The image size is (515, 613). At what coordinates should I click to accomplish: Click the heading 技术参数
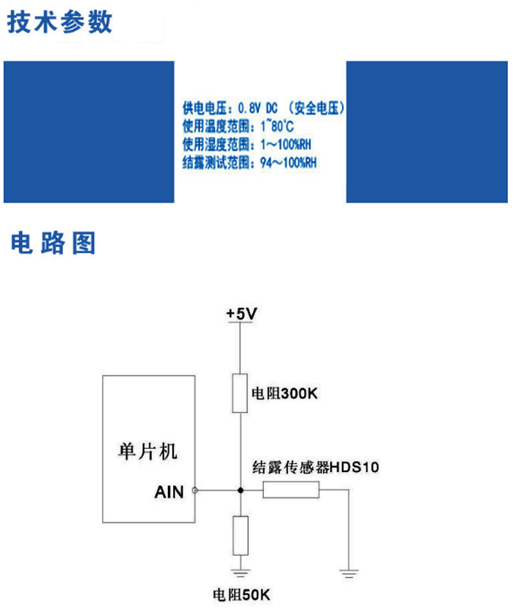click(x=60, y=22)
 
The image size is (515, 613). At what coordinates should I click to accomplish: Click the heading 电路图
click(x=53, y=243)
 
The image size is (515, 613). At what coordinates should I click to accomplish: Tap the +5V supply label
click(x=241, y=314)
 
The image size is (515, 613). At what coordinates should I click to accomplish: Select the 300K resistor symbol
click(x=240, y=392)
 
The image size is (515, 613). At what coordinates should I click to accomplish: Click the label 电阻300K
click(x=284, y=393)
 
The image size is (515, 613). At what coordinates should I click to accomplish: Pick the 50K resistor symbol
click(x=240, y=535)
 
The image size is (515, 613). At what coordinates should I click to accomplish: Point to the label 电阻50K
click(x=243, y=595)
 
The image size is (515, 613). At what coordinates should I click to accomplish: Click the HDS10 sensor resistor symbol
click(x=291, y=491)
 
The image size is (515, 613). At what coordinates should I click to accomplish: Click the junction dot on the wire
click(x=240, y=491)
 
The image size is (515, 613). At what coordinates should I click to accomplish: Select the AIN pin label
click(x=169, y=492)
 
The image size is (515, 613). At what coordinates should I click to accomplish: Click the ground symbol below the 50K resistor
click(x=240, y=569)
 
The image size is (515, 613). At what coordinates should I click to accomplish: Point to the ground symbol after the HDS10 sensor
click(x=348, y=571)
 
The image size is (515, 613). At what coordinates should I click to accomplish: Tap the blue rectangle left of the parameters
click(x=89, y=131)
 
